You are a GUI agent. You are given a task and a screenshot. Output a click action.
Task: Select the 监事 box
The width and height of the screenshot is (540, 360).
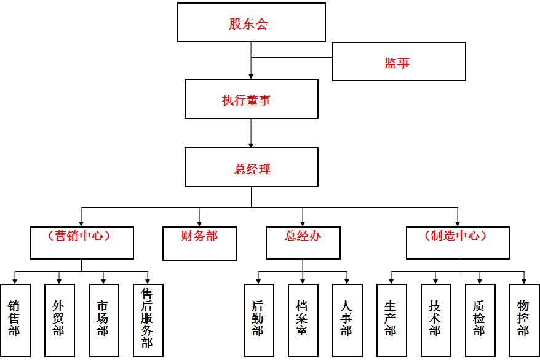pos(399,62)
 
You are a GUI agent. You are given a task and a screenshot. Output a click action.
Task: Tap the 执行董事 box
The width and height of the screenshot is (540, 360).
pos(251,98)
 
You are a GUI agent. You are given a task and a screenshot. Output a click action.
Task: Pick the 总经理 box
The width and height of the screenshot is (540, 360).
pos(251,167)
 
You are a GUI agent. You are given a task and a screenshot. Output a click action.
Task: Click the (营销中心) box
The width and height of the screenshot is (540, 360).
pos(81,242)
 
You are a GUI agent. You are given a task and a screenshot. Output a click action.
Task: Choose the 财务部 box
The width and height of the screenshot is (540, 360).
pos(199,242)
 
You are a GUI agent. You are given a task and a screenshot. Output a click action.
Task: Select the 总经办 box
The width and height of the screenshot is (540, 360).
pos(303,242)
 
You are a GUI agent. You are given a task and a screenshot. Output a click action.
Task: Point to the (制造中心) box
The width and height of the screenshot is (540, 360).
pos(458,242)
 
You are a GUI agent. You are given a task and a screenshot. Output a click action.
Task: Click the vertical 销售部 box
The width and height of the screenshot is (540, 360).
pos(15,319)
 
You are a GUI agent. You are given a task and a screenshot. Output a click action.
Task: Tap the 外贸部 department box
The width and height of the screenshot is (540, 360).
pos(59,319)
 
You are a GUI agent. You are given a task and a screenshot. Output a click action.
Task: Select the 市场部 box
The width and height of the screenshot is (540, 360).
pos(103,319)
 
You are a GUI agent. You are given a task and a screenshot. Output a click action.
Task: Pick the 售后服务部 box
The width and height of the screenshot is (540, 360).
pos(148,319)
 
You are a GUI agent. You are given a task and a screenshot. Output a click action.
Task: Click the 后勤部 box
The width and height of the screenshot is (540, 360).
pos(258,319)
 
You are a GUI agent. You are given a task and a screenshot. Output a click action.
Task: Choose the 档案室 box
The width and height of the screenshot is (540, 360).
pos(303,319)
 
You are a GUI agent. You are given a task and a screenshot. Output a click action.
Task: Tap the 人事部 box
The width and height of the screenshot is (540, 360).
pos(347,319)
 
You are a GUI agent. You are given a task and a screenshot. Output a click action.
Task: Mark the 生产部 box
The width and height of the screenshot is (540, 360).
pos(391,319)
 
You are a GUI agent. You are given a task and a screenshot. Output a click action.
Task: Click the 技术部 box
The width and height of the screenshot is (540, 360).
pos(435,319)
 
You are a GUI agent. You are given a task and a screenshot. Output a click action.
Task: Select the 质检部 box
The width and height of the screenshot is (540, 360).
pos(480,319)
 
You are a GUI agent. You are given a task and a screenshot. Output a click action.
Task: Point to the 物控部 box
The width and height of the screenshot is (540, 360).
pos(524,319)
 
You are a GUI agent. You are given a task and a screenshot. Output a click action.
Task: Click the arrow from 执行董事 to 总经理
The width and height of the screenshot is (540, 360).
pos(251,133)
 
